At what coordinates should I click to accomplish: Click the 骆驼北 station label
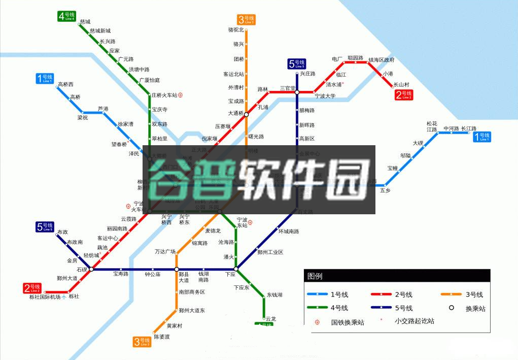236,30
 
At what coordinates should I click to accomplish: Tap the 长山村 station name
401,84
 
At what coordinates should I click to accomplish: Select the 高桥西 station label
65,84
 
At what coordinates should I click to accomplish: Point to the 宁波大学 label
325,96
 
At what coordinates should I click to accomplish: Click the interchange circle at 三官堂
297,92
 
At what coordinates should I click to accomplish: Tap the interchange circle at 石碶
91,269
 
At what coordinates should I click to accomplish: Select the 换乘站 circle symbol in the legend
451,308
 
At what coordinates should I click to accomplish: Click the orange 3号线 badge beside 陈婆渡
143,342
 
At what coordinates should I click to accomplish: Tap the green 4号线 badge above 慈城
66,16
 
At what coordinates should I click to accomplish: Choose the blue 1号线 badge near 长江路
482,137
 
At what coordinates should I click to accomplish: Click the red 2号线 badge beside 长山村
404,94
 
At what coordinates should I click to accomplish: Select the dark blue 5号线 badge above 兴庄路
297,63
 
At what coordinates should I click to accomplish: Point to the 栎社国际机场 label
45,297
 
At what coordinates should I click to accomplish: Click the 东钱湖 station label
274,295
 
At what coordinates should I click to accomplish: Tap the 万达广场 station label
165,252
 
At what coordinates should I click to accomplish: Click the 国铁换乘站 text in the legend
348,322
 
